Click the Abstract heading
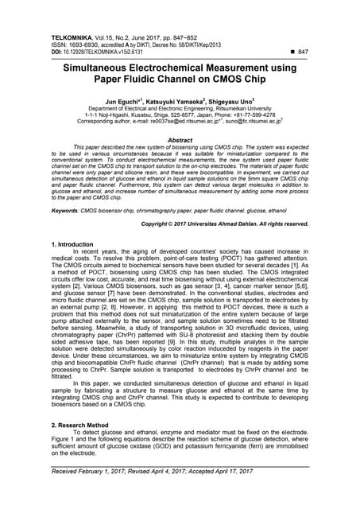click(180, 139)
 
